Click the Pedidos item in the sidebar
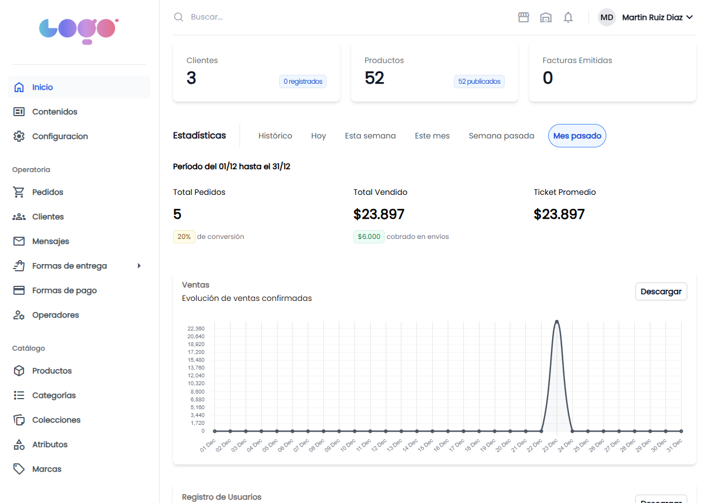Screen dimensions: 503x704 point(47,192)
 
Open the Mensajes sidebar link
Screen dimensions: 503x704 point(50,241)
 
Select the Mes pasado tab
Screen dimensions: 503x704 point(577,136)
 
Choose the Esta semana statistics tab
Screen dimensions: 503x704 point(370,136)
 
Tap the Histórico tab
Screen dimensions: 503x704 point(275,136)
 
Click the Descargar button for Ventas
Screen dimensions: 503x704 point(660,291)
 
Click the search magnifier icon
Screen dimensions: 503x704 point(179,17)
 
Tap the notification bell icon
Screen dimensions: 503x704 point(568,17)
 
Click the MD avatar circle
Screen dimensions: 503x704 point(606,17)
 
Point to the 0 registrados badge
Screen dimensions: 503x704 point(303,82)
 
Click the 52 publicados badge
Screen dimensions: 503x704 point(479,82)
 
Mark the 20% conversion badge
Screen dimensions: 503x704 point(184,237)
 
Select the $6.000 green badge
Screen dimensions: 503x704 point(368,237)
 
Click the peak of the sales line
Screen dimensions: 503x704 point(557,322)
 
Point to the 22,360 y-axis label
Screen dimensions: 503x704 point(196,328)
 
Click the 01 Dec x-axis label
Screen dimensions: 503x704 point(208,445)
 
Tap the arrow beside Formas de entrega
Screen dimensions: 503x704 point(139,266)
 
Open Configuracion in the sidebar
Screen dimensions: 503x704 point(60,136)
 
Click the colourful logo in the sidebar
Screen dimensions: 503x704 point(79,30)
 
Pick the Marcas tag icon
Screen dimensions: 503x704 point(19,469)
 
